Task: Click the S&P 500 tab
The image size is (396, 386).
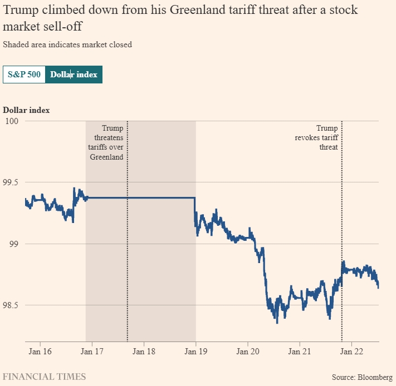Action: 24,75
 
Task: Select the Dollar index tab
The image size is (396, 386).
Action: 74,75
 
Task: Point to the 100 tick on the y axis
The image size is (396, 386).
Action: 11,121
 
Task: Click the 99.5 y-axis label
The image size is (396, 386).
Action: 11,182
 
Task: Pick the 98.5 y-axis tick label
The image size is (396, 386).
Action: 11,305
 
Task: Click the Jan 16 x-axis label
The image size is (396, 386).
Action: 40,352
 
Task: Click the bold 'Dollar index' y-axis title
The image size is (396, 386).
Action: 26,110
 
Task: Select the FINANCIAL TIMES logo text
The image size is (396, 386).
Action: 45,377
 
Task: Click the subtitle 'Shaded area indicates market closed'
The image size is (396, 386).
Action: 67,44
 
